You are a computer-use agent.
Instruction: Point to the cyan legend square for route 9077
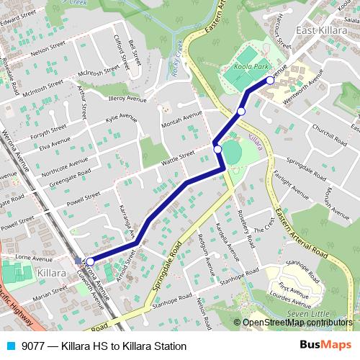[x=10, y=346]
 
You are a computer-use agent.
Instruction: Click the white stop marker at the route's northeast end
[x=270, y=81]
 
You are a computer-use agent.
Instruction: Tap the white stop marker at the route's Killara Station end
[x=90, y=261]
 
